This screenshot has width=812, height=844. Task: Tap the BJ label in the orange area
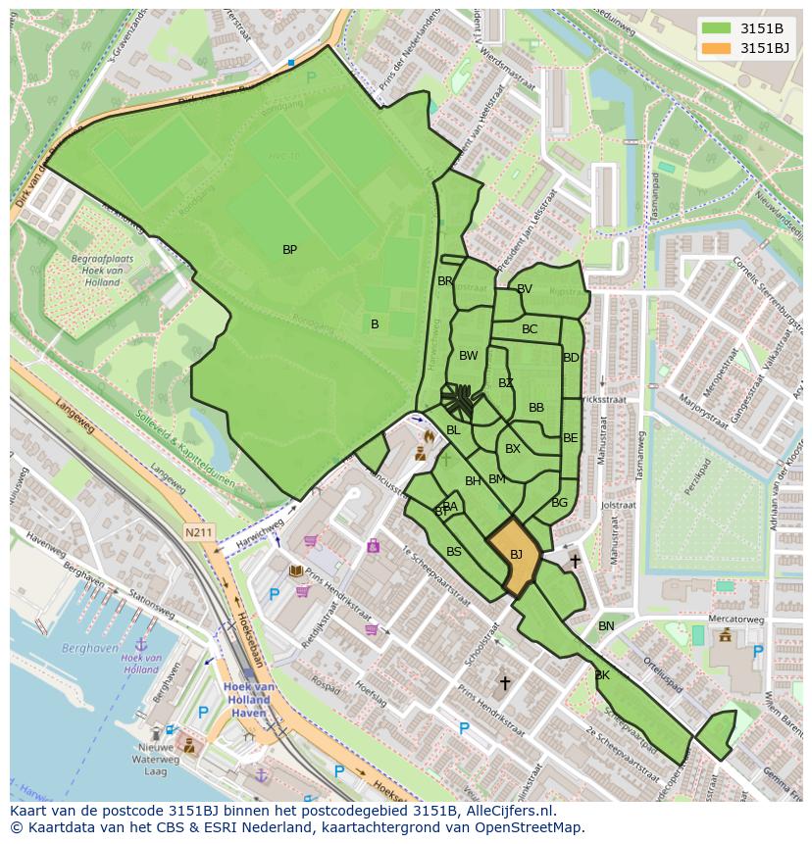coord(516,555)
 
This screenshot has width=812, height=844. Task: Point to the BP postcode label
coord(289,250)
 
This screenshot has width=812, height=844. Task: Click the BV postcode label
coord(524,289)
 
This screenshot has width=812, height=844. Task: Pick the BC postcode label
coord(530,329)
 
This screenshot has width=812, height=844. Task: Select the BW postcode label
coord(469,356)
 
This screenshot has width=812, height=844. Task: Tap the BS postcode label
coord(454,552)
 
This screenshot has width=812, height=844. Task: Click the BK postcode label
coord(602,675)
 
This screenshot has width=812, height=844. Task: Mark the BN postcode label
coord(606,626)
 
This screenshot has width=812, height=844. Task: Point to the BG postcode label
coord(559,503)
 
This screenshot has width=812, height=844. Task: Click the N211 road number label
coord(197,533)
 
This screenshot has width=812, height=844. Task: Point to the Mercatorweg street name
coord(736,620)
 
